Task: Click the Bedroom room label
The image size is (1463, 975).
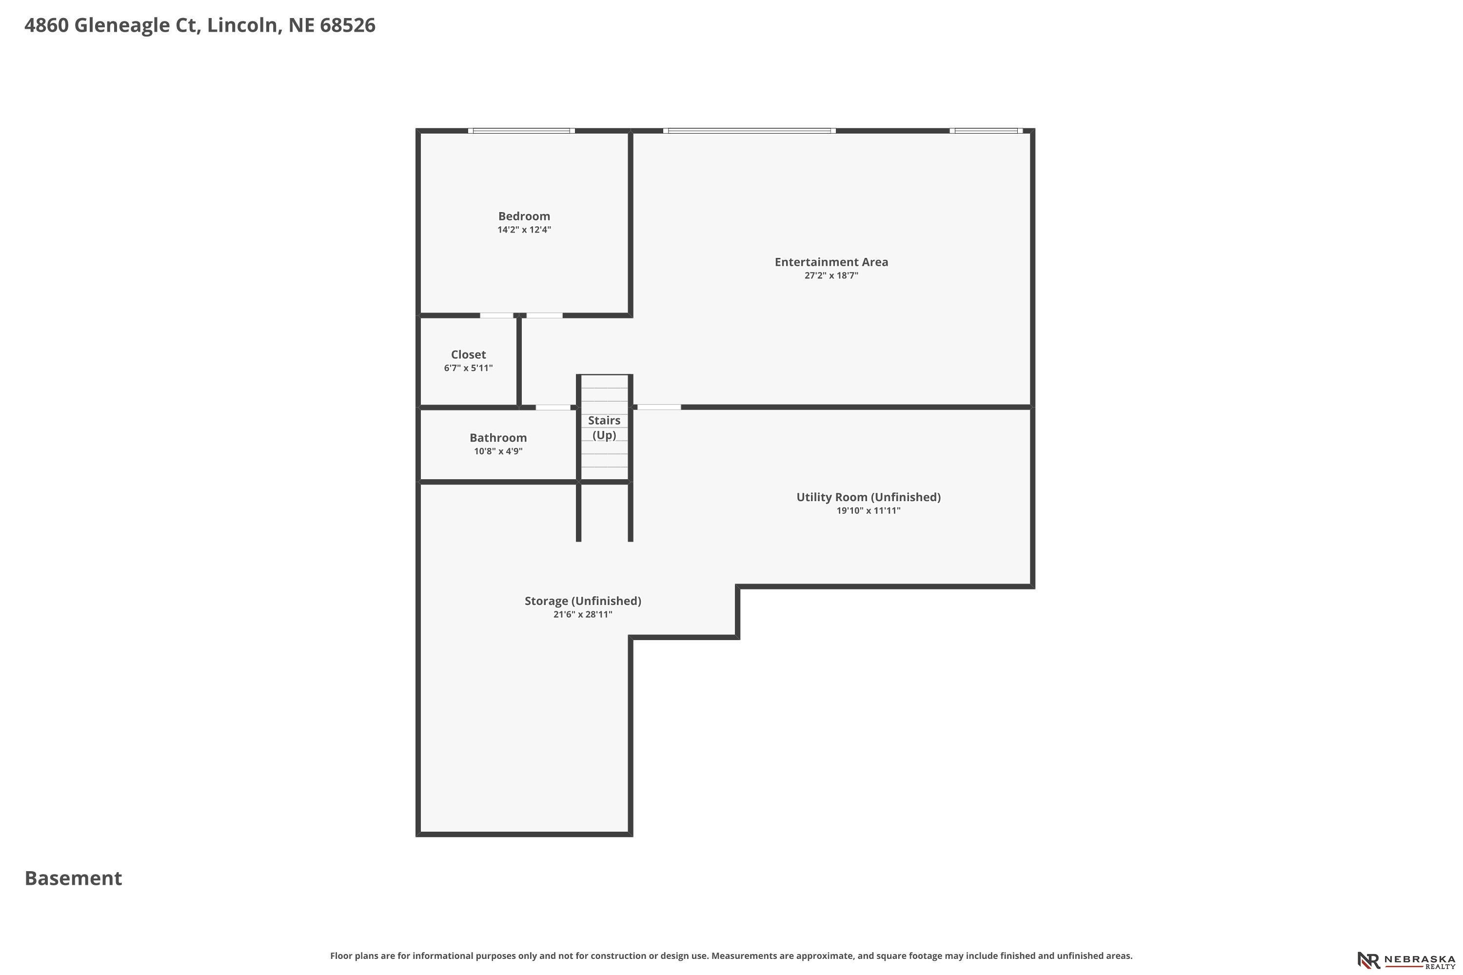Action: (x=524, y=216)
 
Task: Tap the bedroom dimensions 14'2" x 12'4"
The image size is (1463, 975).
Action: (x=524, y=230)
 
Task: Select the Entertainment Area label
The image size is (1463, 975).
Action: (x=831, y=262)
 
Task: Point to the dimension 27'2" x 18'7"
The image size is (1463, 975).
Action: (x=831, y=276)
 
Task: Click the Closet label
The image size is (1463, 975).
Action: (x=468, y=354)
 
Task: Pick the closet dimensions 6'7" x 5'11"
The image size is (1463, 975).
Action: (x=468, y=368)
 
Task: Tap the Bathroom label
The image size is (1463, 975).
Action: (x=498, y=438)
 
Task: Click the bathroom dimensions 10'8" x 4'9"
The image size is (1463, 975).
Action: (x=498, y=451)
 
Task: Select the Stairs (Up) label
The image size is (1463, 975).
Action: (x=604, y=428)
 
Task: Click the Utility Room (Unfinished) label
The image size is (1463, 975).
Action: (x=869, y=497)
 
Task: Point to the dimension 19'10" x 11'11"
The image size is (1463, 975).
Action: (x=869, y=511)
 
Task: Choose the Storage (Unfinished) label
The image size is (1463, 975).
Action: (x=583, y=601)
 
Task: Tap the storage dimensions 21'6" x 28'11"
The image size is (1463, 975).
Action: (x=583, y=615)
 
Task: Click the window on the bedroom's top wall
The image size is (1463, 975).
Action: (x=521, y=131)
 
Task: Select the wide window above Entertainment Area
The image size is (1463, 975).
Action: (x=750, y=131)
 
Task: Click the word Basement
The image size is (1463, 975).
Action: (x=74, y=878)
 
